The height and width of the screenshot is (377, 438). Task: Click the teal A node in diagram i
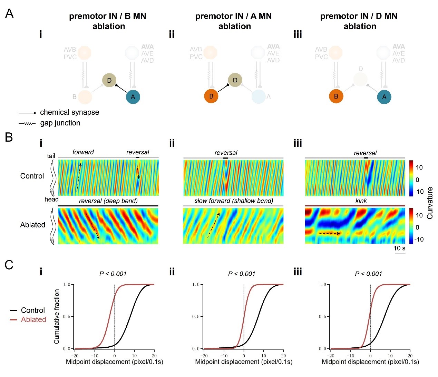[133, 97]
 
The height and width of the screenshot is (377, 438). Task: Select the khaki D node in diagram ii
[235, 80]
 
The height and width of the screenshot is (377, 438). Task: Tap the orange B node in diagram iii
[336, 96]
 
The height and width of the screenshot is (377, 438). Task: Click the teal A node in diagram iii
[384, 97]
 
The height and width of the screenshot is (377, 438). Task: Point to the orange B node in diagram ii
[211, 96]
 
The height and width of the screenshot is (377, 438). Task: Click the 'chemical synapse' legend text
[69, 112]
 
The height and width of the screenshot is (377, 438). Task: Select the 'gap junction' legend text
[60, 123]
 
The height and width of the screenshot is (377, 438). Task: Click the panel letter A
[9, 14]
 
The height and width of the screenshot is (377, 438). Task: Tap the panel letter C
[9, 265]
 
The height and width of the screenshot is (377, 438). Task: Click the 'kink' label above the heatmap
[361, 201]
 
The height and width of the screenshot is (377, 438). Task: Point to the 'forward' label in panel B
[83, 152]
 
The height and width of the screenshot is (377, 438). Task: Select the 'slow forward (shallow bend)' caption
[234, 201]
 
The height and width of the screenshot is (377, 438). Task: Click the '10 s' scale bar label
[399, 248]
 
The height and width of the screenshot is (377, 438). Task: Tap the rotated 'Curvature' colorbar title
[430, 203]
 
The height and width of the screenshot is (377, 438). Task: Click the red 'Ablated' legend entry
[33, 319]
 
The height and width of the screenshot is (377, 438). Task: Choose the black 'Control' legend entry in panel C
[33, 310]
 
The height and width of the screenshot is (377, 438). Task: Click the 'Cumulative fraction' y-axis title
[57, 316]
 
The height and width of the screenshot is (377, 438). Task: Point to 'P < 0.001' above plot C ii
[242, 274]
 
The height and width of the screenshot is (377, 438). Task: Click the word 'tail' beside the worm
[51, 156]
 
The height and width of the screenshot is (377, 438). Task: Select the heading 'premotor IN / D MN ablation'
[359, 21]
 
